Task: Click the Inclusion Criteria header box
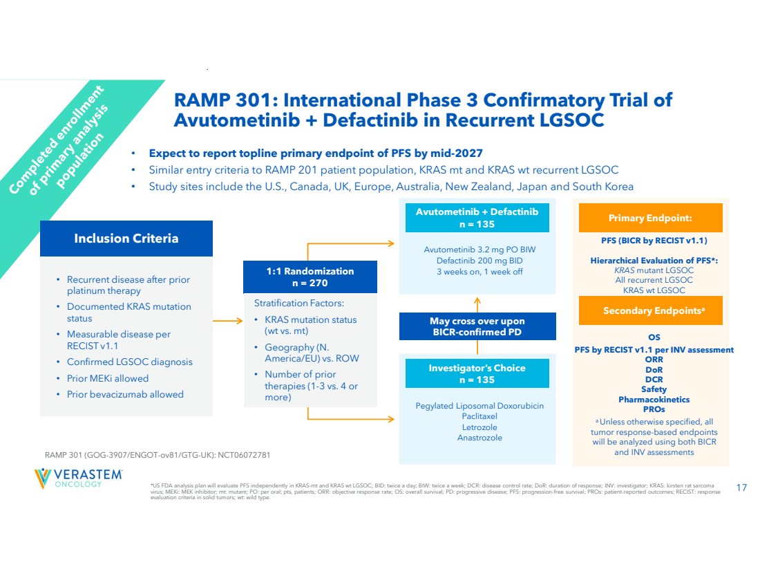(126, 239)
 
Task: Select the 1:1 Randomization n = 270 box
(310, 277)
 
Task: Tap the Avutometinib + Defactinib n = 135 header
(477, 218)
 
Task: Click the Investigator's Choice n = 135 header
(477, 373)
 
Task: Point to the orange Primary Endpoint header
(649, 218)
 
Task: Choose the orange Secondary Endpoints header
(649, 310)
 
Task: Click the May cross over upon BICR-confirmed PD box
(477, 326)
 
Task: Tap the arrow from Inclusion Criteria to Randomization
(228, 322)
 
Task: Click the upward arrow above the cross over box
(477, 303)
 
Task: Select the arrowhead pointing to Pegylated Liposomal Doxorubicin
(394, 418)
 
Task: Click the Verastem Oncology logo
(78, 478)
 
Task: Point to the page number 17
(741, 489)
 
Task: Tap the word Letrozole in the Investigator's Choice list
(479, 427)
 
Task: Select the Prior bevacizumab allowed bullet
(125, 394)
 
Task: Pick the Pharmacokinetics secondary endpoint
(654, 399)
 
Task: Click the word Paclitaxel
(479, 416)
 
